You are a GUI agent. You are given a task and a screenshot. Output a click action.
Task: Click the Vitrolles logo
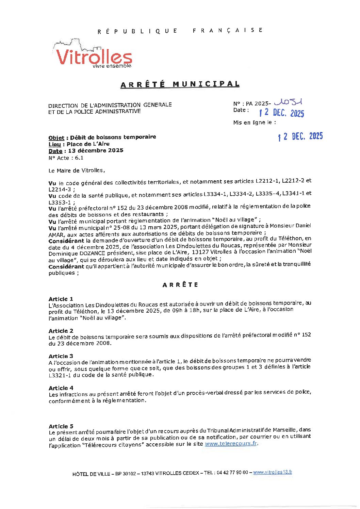pos(93,54)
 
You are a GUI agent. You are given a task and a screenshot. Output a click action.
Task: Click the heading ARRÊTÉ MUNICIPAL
pos(180,84)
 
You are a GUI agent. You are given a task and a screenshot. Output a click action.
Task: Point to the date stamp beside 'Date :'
pos(281,113)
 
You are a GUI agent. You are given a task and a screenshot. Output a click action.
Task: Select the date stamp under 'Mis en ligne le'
pos(300,136)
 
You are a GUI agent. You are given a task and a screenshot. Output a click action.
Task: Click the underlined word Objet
pos(56,138)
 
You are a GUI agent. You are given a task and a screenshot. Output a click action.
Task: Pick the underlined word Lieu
pos(55,144)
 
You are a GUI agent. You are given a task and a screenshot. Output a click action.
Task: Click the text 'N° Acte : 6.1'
pos(66,158)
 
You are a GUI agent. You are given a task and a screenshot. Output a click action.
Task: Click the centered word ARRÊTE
pos(180,285)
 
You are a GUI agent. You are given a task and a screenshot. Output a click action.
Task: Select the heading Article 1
pos(61,299)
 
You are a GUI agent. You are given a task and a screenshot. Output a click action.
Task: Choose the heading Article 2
pos(61,331)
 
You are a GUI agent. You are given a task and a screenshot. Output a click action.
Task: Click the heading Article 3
pos(61,356)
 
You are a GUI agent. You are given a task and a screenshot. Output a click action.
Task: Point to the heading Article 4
pos(61,388)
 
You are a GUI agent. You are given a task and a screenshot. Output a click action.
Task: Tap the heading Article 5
pos(61,426)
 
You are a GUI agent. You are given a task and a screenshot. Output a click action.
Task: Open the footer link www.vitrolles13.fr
pos(273,472)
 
